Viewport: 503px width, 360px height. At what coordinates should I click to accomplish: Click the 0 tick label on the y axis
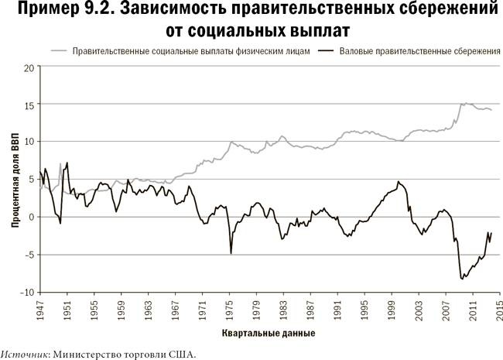[x=32, y=218]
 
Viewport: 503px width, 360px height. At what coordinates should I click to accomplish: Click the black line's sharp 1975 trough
[x=231, y=252]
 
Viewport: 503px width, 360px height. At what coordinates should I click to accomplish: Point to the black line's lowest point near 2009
[x=462, y=278]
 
